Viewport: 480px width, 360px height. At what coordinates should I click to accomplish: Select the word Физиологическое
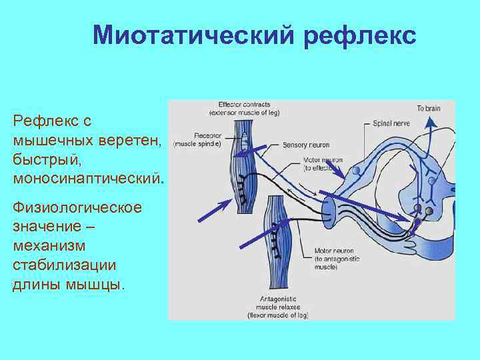(x=77, y=207)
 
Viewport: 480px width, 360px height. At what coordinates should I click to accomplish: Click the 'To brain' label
(x=429, y=108)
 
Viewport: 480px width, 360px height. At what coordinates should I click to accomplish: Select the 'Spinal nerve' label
(x=391, y=125)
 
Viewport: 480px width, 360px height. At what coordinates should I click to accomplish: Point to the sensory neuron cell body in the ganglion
(x=357, y=171)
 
